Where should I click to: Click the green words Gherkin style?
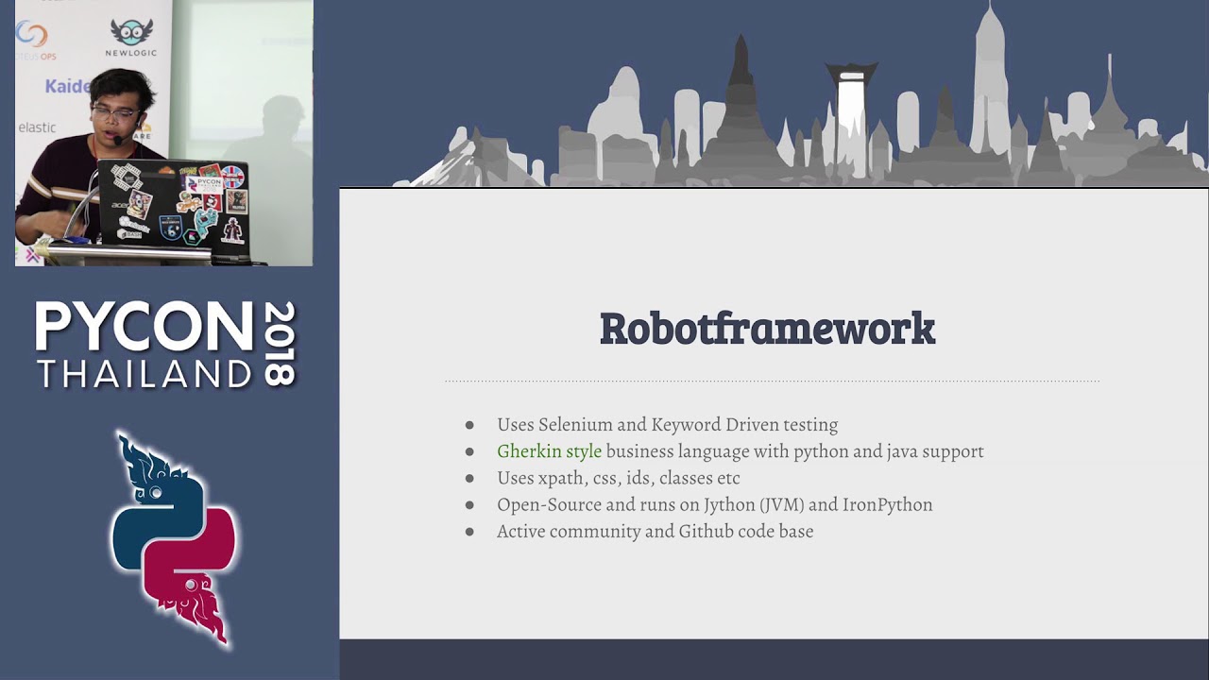(x=549, y=451)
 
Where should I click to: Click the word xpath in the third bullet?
(x=561, y=478)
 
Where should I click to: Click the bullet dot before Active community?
(x=469, y=532)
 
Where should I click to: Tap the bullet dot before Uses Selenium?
(x=469, y=426)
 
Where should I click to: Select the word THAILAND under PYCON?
(x=144, y=374)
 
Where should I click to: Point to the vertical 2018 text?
(x=280, y=343)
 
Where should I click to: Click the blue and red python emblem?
(x=174, y=538)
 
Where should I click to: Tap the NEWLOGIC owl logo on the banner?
(x=131, y=35)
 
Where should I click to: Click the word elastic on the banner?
(x=38, y=127)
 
